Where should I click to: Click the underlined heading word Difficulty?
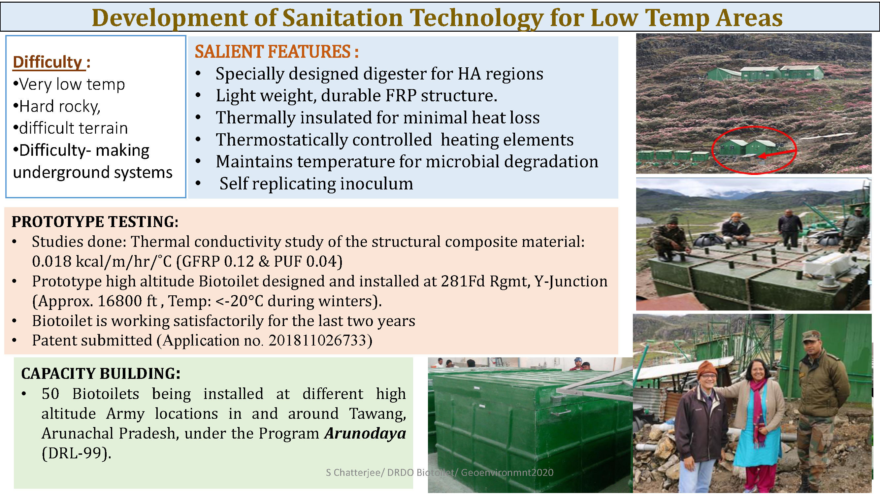point(48,62)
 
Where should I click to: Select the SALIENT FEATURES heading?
point(277,51)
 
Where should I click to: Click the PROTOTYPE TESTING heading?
point(95,222)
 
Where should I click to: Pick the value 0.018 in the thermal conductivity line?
point(51,261)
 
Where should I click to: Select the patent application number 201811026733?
point(317,340)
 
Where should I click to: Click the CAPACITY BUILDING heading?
point(101,373)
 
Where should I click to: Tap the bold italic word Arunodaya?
point(366,434)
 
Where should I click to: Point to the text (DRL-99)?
point(77,453)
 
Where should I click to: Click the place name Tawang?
point(377,414)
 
